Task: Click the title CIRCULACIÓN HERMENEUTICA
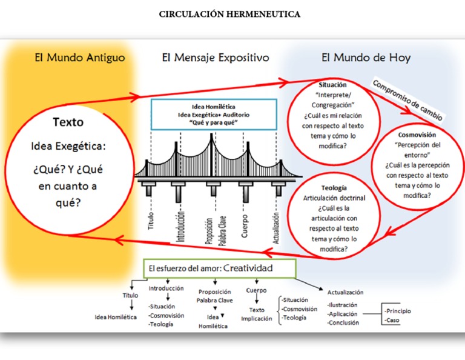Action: click(x=229, y=15)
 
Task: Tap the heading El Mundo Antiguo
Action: click(x=80, y=58)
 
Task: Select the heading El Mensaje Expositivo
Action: click(x=216, y=58)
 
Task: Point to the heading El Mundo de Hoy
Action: click(x=366, y=58)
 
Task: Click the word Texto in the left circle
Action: click(x=68, y=122)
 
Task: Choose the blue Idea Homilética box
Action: click(x=214, y=115)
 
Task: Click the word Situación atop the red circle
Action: click(x=332, y=85)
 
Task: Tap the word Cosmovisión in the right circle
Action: click(x=417, y=135)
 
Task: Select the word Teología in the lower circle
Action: click(x=334, y=188)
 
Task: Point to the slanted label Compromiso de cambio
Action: click(x=407, y=100)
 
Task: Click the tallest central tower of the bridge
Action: click(x=211, y=155)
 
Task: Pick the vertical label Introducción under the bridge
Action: click(x=180, y=226)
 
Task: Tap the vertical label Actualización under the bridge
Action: click(x=276, y=228)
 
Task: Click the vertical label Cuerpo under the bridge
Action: click(x=245, y=226)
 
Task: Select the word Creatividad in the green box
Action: click(x=248, y=268)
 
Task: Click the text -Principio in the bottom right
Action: click(x=397, y=311)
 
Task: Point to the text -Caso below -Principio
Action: click(x=392, y=320)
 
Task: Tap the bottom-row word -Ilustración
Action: click(x=343, y=305)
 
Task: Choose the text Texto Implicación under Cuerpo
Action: click(x=257, y=315)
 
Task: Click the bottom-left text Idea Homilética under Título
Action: click(x=116, y=317)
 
